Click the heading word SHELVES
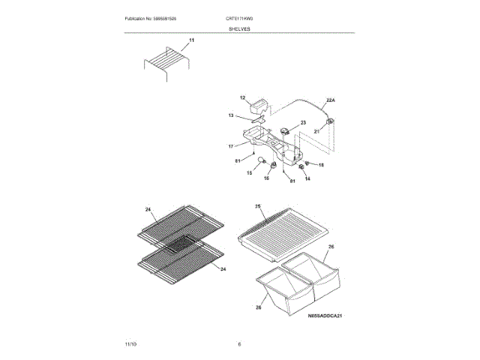click(240, 28)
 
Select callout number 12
click(243, 98)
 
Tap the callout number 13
click(232, 115)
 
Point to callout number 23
click(304, 122)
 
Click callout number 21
click(316, 130)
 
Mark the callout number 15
click(250, 172)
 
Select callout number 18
click(322, 164)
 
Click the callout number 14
click(307, 178)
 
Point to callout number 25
click(257, 205)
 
